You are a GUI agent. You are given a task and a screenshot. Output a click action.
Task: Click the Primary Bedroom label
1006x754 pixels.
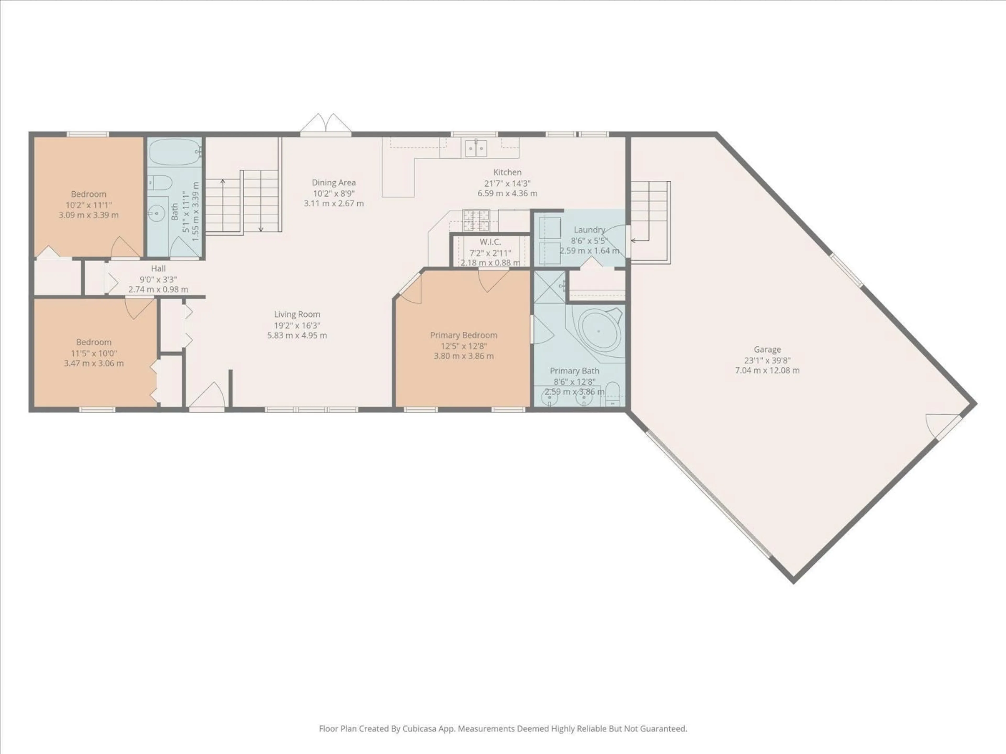(x=463, y=335)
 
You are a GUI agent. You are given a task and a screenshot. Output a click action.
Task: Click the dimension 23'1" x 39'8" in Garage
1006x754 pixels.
(x=767, y=360)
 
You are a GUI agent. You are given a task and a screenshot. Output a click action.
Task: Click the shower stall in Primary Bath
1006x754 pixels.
(x=549, y=287)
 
